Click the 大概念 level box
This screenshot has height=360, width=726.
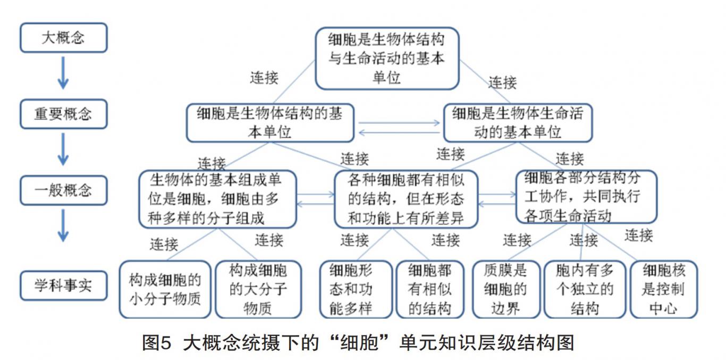point(63,38)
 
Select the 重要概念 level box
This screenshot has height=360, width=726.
point(63,114)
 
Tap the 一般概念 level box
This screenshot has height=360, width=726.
point(63,190)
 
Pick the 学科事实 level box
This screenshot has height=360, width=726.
point(63,286)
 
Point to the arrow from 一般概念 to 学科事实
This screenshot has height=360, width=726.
point(63,225)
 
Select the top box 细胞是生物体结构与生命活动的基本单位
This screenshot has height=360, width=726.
point(386,58)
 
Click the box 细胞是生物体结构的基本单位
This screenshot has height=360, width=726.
point(270,123)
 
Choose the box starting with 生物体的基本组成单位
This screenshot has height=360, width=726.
point(216,199)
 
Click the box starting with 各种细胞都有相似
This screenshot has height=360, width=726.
point(406,199)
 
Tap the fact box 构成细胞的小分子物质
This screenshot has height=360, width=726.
point(165,289)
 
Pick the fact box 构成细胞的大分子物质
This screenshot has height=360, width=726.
point(258,289)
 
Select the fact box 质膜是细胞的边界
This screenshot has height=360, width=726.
point(505,289)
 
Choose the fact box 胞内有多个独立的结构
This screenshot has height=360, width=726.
point(584,289)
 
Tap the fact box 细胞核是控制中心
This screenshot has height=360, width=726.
point(663,289)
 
